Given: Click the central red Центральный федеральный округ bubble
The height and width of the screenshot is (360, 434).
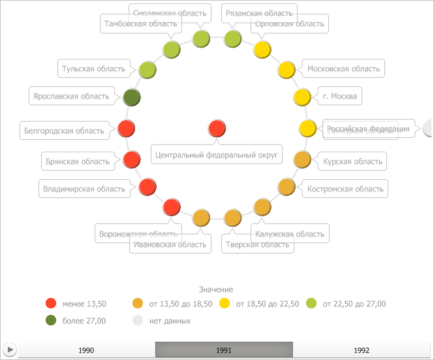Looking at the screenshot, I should click(217, 129).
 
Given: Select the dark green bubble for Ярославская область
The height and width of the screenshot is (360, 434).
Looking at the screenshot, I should click(132, 97).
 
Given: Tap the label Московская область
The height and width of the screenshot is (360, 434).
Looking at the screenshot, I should click(343, 69).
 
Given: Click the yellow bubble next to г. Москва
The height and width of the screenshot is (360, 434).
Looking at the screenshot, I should click(302, 97).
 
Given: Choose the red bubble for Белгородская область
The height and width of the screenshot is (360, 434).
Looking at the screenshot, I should click(127, 129).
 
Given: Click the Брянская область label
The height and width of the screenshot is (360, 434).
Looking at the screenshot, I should click(77, 161).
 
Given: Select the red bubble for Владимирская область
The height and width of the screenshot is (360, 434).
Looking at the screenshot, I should click(147, 188).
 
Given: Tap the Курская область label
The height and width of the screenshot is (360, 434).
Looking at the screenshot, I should click(353, 161).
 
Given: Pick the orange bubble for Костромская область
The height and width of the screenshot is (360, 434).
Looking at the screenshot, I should click(287, 187).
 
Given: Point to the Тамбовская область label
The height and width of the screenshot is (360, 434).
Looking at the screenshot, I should click(140, 24).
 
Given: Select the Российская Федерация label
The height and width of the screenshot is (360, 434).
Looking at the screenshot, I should click(368, 129).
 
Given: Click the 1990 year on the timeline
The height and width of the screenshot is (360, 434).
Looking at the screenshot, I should click(86, 350).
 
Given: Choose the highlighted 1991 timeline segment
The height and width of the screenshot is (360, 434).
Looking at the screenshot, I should click(223, 350).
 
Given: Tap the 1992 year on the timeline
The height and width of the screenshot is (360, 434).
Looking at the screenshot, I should click(361, 350).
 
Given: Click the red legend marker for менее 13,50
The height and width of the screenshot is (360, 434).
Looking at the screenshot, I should click(51, 303).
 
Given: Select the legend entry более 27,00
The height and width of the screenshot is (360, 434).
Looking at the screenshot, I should click(84, 321).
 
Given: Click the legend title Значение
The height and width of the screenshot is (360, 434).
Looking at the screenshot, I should click(216, 289).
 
